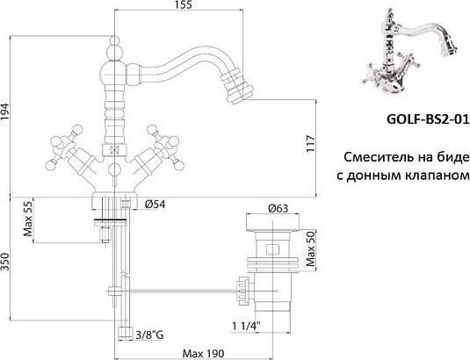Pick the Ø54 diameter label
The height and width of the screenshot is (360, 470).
155,205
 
